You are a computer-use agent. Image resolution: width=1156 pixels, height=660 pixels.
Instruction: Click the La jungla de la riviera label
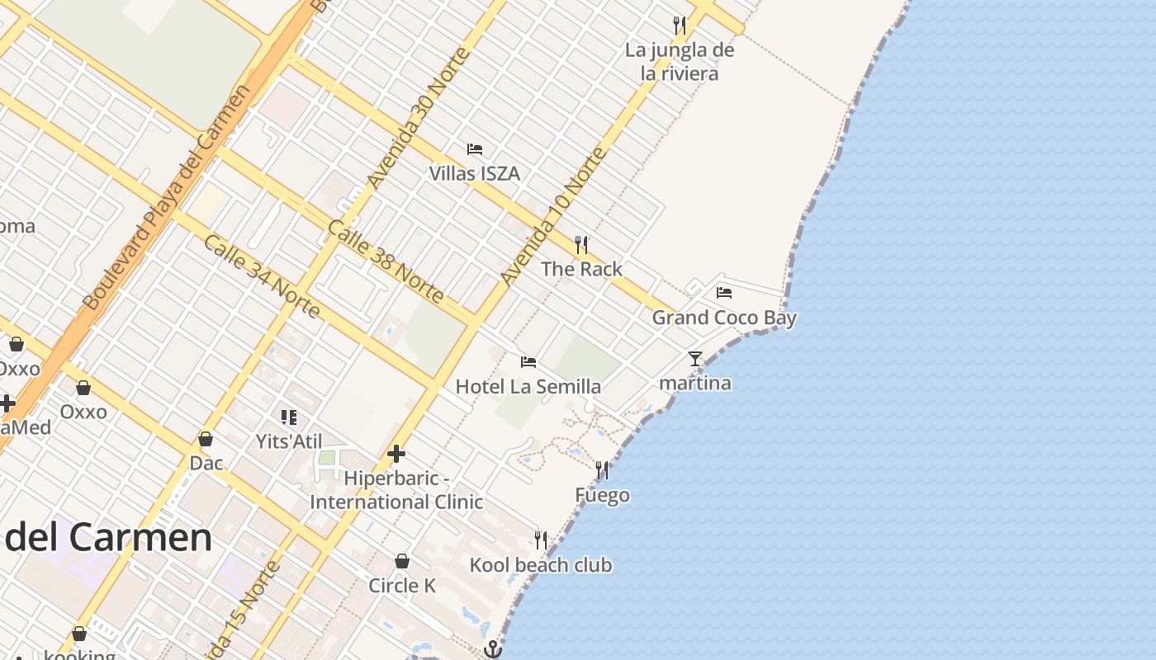[x=680, y=62]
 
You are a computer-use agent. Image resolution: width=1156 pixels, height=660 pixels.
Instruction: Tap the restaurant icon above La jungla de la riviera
[x=680, y=26]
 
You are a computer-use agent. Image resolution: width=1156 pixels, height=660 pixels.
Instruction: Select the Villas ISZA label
[x=474, y=173]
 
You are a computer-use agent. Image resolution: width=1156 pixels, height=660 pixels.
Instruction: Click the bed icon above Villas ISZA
[x=475, y=149]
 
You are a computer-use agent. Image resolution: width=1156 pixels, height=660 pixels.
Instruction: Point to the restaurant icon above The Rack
[x=581, y=244]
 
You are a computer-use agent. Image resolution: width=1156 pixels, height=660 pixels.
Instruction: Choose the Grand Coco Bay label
[x=724, y=318]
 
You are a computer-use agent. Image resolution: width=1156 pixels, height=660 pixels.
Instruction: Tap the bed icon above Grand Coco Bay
[x=724, y=293]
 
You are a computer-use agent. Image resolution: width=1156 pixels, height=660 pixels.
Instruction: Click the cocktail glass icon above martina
[x=695, y=359]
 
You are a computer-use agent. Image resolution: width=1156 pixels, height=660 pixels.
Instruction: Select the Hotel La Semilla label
[x=528, y=386]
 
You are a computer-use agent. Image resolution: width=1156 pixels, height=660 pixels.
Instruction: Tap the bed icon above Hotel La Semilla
[x=528, y=362]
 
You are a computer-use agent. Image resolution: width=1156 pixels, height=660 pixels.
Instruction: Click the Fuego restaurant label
[x=602, y=495]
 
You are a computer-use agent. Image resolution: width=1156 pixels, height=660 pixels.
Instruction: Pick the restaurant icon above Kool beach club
[x=541, y=540]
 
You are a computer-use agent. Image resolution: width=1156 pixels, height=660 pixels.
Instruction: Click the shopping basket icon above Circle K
[x=402, y=562]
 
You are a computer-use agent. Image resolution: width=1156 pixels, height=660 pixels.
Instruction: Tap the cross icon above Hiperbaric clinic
[x=396, y=454]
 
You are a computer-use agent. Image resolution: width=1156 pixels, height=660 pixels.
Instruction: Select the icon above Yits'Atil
[x=288, y=417]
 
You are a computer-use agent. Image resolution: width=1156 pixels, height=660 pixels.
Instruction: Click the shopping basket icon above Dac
[x=206, y=439]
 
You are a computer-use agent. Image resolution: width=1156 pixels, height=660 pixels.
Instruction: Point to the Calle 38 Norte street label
[x=386, y=261]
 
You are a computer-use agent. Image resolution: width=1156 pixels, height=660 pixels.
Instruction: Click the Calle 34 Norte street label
[x=261, y=276]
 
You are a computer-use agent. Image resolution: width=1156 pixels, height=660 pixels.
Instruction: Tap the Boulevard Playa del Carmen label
[x=165, y=198]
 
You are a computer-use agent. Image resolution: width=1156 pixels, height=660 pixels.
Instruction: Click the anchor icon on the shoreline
[x=493, y=649]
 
